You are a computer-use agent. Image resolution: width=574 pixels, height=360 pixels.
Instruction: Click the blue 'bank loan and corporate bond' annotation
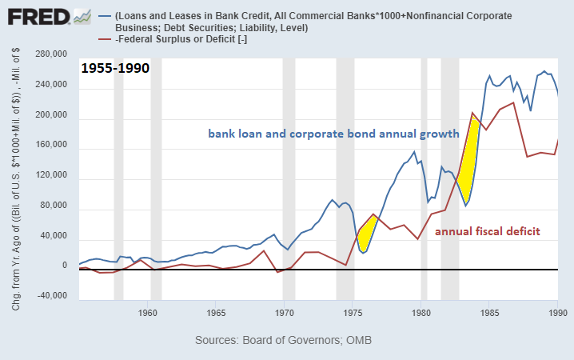333,133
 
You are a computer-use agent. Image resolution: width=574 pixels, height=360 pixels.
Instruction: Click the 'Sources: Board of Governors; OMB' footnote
283,340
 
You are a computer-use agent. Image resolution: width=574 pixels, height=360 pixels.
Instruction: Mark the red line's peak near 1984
473,112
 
